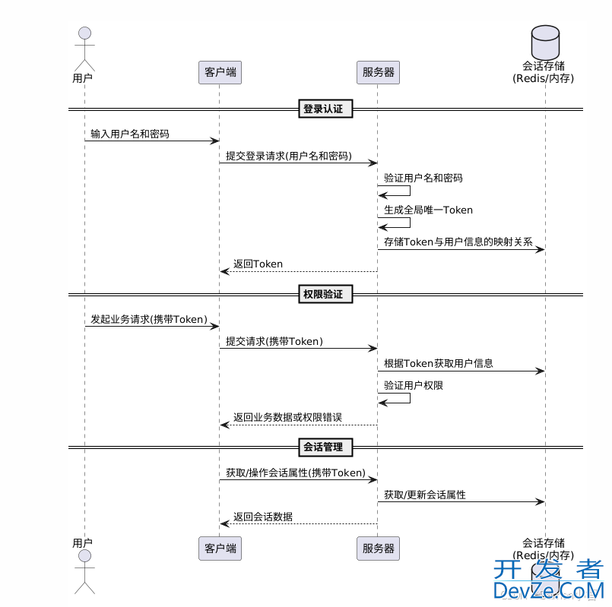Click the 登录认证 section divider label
coord(323,109)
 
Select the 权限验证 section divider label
coord(323,294)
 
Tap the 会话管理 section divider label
coord(323,447)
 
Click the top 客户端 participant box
coord(220,72)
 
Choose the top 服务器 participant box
coord(378,72)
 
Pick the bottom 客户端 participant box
coord(220,549)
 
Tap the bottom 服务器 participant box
coord(378,549)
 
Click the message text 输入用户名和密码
coord(130,134)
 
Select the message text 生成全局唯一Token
coord(428,210)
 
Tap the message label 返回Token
coord(258,264)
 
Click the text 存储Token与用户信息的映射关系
coord(458,242)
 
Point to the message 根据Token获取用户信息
coord(438,363)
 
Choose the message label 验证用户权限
coord(414,385)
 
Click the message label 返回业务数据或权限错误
coord(287,417)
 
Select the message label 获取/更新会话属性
coord(424,495)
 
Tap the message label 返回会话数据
coord(262,517)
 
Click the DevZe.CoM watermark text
coord(548,590)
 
